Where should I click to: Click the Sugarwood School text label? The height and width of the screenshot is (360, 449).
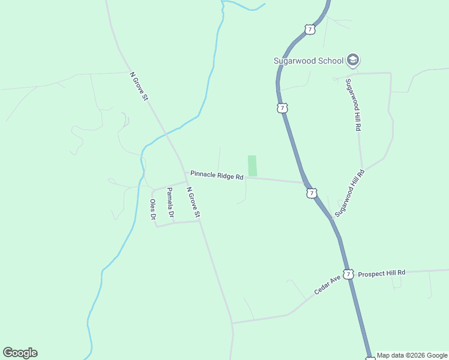coord(308,61)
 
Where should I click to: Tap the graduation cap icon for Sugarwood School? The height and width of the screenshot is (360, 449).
coord(353,60)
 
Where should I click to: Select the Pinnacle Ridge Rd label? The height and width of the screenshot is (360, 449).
coord(217,175)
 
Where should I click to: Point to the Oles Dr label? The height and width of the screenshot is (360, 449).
coord(152,209)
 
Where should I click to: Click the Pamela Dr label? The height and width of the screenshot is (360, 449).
coord(170,203)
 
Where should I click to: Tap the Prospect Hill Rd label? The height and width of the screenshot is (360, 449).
coord(381,273)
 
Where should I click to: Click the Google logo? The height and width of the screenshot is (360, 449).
coord(20,353)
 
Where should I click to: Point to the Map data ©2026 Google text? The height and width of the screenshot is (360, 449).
coord(412,355)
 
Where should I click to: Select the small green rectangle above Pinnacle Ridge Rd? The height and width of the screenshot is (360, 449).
coord(252,166)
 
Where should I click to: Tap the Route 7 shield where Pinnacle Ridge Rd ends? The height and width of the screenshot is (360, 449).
coord(310,193)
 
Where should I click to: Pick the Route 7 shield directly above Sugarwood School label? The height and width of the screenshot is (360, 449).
coord(309,29)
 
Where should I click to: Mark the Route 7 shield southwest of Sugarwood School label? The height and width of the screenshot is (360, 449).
coord(283,108)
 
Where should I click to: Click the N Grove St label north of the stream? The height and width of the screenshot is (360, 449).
coord(139,86)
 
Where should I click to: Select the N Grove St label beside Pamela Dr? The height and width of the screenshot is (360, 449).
coord(193,203)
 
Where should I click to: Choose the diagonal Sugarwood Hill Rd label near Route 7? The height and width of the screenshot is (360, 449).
coord(350,193)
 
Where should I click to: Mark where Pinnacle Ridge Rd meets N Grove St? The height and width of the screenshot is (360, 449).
coord(184,172)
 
